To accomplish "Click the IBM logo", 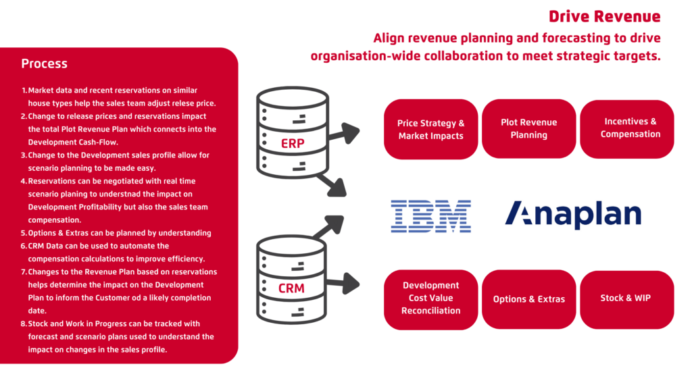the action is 430,216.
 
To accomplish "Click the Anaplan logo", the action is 573,215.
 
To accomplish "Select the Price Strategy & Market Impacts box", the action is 430,129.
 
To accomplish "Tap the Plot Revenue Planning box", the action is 528,129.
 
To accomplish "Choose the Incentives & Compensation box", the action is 627,129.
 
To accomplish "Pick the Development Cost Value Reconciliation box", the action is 430,299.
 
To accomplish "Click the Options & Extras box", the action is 528,299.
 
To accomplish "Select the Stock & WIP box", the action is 627,299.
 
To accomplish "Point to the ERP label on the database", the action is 293,144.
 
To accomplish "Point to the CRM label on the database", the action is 291,288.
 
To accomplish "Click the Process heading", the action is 44,64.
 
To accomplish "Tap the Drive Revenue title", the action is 605,17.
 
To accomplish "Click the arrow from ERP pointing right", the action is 343,133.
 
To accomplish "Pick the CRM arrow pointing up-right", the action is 329,227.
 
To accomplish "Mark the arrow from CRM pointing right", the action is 343,283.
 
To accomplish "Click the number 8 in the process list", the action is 24,323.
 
